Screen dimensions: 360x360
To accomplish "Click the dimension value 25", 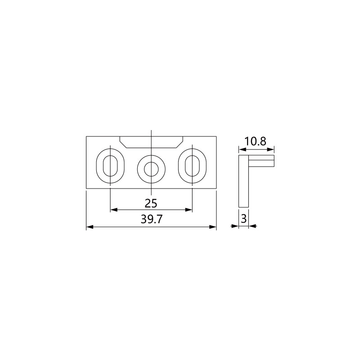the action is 151,203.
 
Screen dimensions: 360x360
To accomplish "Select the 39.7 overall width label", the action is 152,220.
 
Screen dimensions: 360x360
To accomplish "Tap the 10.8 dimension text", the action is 255,141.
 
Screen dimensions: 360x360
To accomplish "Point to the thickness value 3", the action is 243,219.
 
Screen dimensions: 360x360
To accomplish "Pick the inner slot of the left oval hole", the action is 103,166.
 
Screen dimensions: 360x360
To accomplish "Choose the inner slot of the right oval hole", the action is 185,166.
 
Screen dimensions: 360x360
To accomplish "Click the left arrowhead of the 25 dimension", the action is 114,210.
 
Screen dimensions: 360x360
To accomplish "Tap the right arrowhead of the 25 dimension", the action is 189,210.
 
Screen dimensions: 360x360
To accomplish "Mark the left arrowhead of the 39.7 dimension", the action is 90,227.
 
